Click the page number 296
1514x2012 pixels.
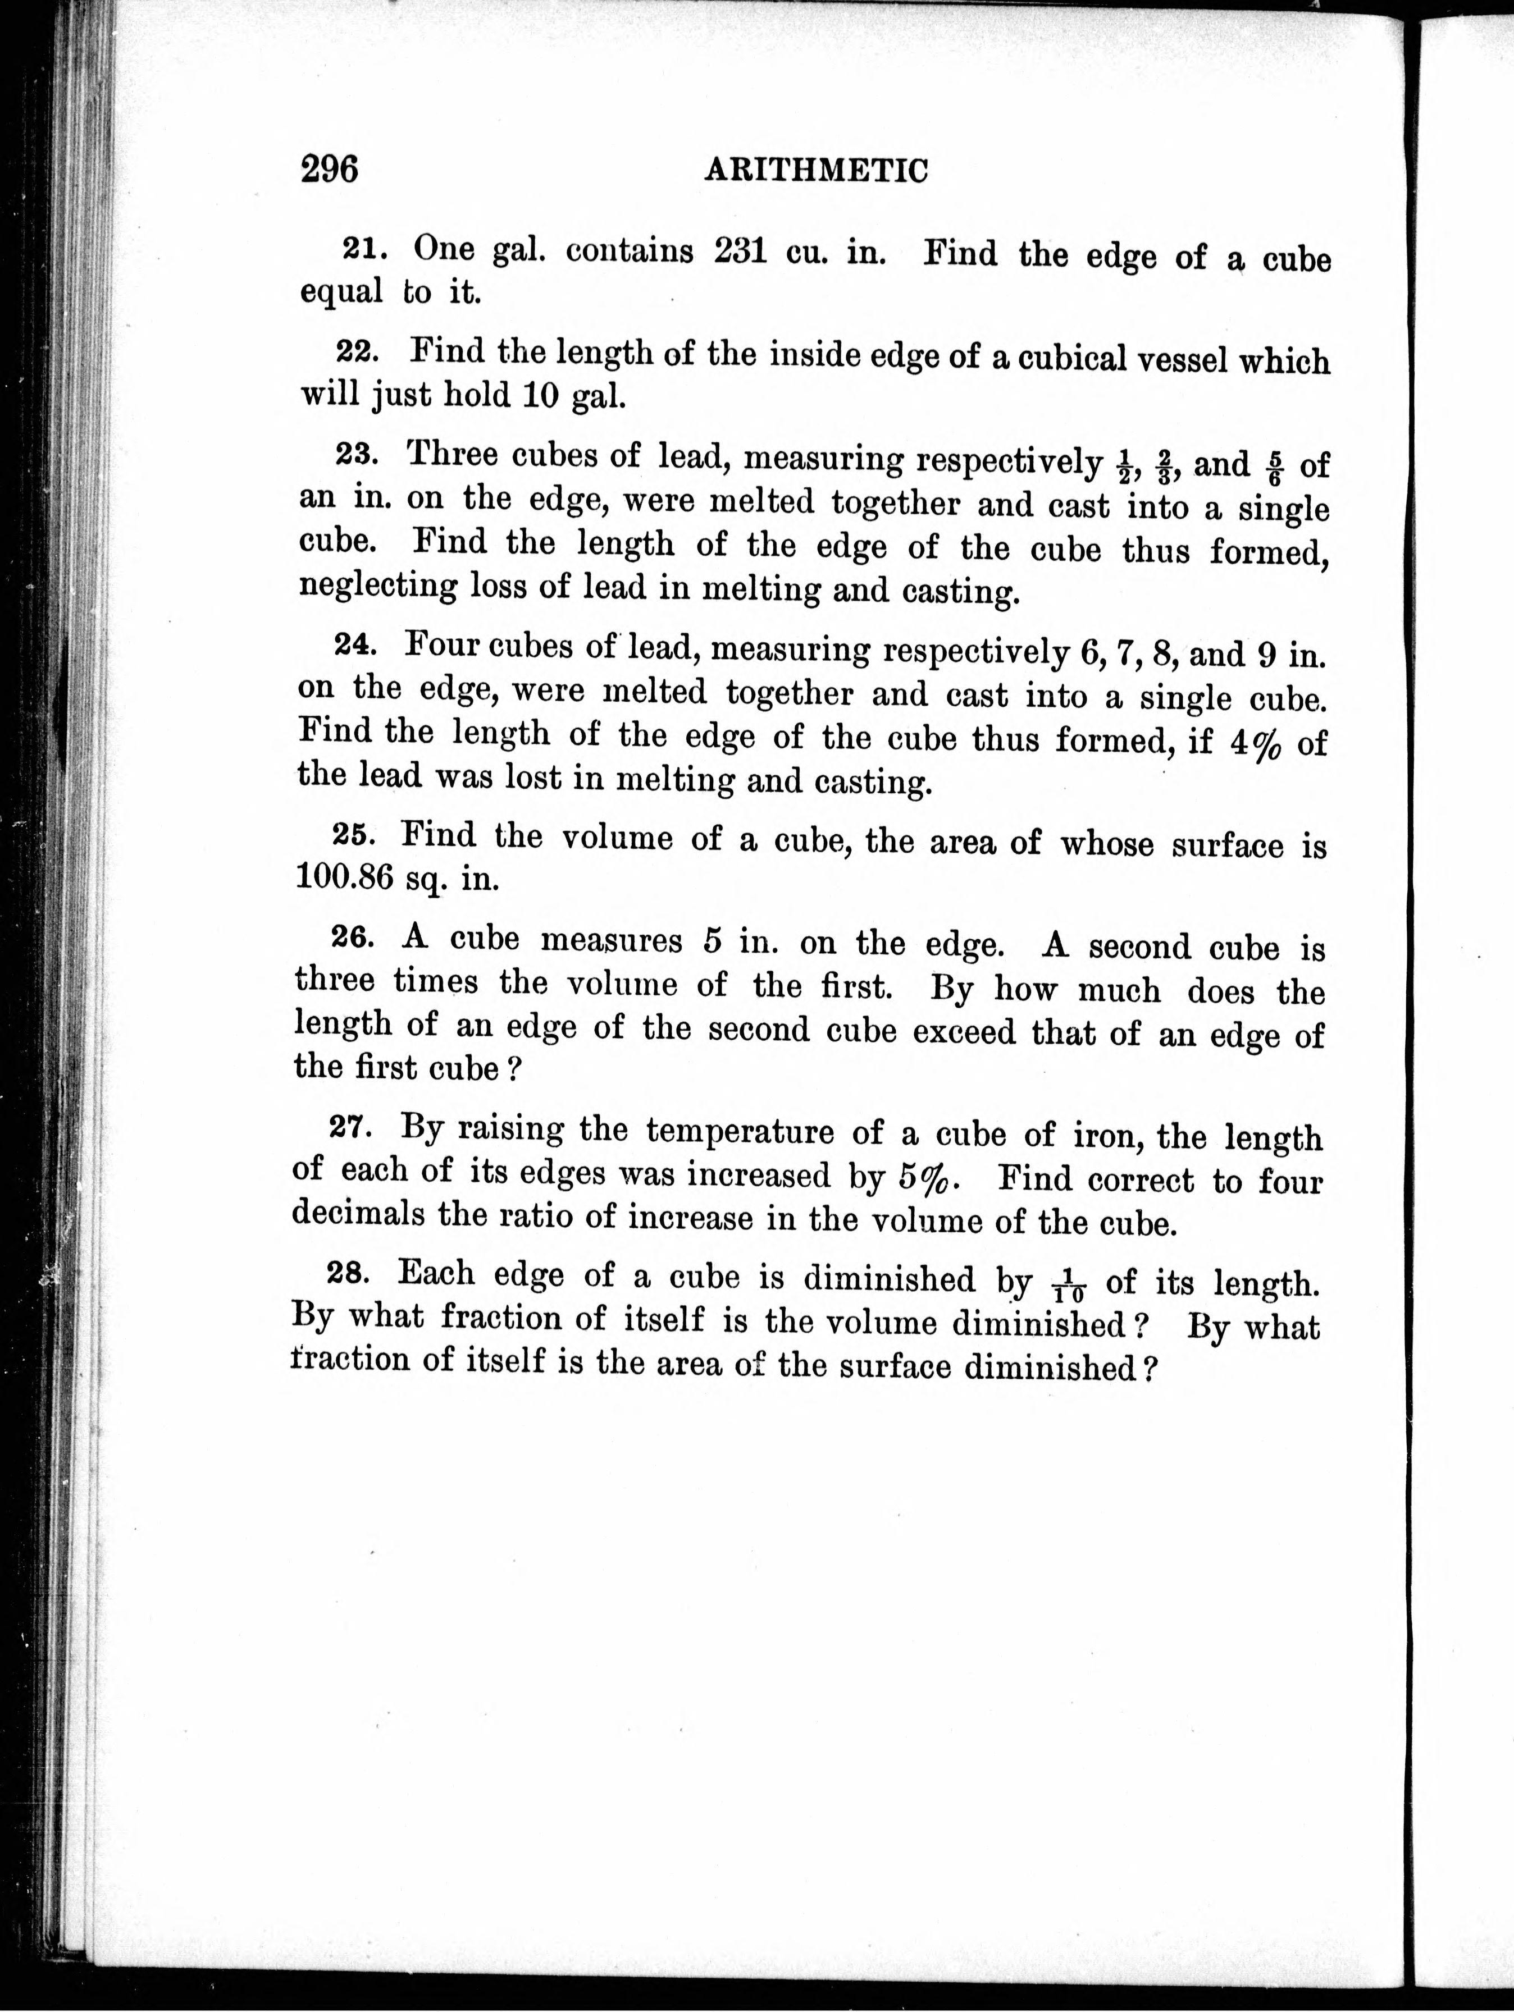click(330, 169)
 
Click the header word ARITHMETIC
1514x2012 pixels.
click(816, 171)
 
